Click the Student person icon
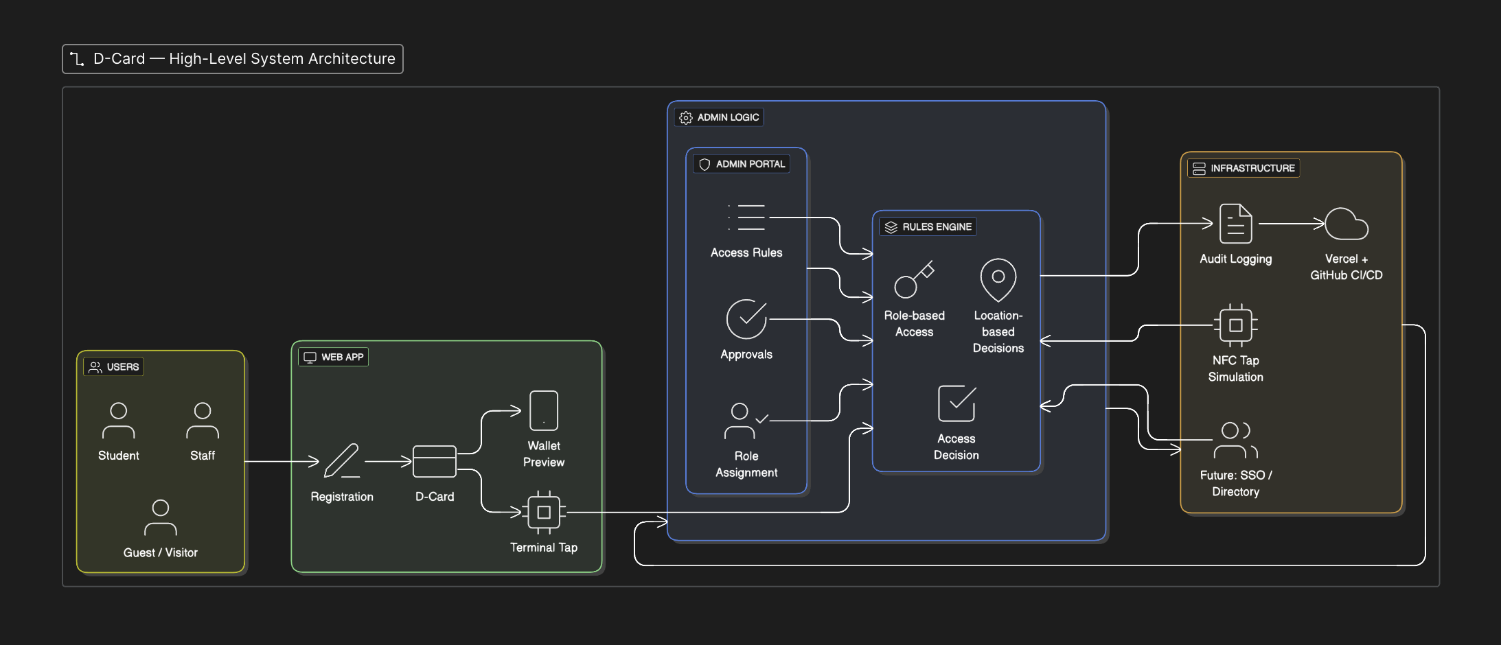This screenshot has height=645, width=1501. tap(119, 420)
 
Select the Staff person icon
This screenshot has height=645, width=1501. tap(203, 420)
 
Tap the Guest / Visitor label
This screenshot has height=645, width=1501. tap(161, 552)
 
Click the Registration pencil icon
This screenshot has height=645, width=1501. tap(342, 460)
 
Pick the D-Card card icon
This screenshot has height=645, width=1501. tap(434, 461)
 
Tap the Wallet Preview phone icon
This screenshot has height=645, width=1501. tap(544, 410)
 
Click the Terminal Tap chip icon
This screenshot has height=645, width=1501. tap(544, 512)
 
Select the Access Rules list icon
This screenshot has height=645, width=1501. tap(747, 218)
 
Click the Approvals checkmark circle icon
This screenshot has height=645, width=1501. tap(746, 319)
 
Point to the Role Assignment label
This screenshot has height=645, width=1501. tap(746, 465)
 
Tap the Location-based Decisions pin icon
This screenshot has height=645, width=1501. tap(998, 279)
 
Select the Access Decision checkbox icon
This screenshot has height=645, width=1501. tap(956, 403)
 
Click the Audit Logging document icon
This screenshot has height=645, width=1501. tap(1235, 224)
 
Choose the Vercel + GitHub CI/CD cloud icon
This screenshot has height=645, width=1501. tap(1346, 224)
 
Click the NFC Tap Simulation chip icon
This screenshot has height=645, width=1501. tap(1235, 325)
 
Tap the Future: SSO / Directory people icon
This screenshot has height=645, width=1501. tap(1235, 440)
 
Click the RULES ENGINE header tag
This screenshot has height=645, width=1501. tap(928, 227)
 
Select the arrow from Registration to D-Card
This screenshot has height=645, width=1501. tap(388, 462)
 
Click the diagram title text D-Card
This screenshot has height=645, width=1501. tap(119, 59)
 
